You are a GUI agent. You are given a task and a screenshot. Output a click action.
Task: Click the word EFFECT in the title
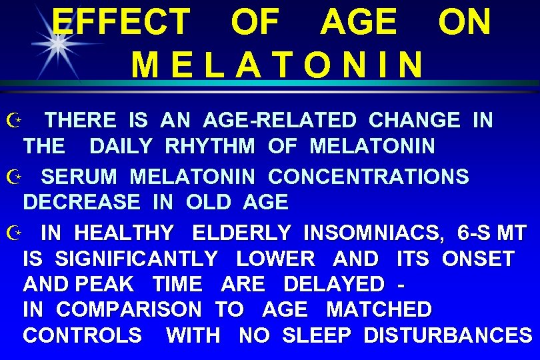click(x=121, y=21)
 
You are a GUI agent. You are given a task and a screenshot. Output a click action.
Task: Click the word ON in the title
click(x=464, y=21)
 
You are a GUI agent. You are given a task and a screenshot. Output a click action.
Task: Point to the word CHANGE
click(x=414, y=121)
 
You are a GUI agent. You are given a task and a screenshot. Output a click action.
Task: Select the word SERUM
click(x=79, y=177)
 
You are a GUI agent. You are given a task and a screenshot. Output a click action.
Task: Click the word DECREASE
click(x=81, y=201)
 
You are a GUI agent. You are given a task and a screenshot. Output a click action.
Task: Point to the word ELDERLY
click(x=241, y=233)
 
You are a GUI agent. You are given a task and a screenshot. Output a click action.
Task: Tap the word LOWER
click(x=275, y=258)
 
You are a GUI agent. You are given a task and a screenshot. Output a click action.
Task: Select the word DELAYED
click(x=334, y=283)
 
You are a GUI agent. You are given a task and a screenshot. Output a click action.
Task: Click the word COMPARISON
click(x=129, y=309)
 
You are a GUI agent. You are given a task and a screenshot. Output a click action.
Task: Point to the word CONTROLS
click(x=82, y=335)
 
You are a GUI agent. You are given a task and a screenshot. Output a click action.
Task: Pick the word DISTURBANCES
click(x=447, y=335)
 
